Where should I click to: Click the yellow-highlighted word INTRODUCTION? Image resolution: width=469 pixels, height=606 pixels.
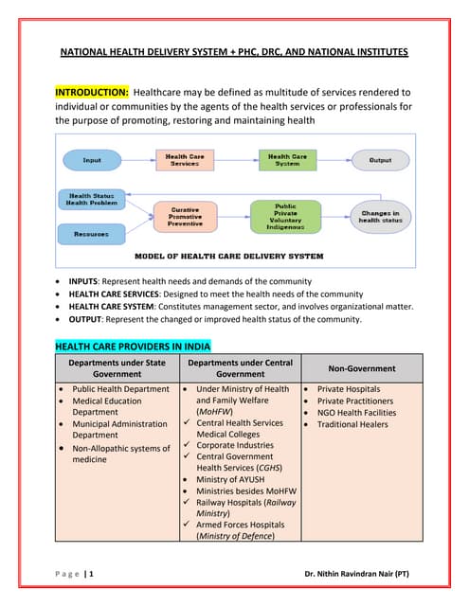click(91, 93)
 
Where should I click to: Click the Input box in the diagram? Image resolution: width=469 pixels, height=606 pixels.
click(93, 160)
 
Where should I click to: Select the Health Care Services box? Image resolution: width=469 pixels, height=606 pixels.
click(183, 160)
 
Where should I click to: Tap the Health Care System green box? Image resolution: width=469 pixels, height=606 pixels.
click(286, 160)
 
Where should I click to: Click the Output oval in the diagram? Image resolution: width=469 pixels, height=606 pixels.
click(380, 160)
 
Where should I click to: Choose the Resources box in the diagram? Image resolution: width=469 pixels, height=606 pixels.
click(91, 233)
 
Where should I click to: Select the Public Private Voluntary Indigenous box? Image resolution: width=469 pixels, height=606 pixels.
click(285, 217)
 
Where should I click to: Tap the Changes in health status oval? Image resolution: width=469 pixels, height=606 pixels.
click(381, 217)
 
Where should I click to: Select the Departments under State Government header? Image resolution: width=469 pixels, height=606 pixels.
click(114, 368)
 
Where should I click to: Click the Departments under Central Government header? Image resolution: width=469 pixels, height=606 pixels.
click(238, 368)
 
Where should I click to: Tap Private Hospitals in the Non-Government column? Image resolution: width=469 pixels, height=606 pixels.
click(349, 389)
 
